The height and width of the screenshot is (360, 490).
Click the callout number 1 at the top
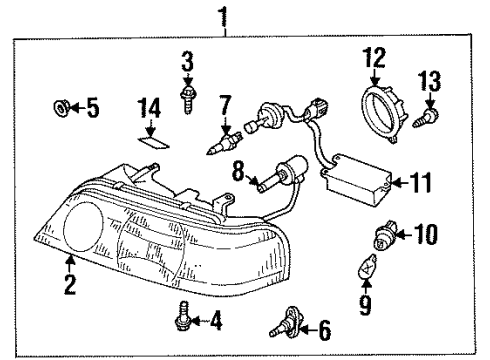(x=223, y=17)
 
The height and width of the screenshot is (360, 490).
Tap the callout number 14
(x=149, y=108)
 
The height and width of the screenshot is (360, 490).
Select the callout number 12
(x=375, y=58)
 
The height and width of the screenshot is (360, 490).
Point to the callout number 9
(x=365, y=305)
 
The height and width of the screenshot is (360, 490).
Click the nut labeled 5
(x=61, y=108)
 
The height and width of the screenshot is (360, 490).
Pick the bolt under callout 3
(x=188, y=99)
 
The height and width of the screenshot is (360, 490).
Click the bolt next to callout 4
(x=182, y=316)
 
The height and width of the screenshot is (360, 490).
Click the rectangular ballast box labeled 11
(x=357, y=178)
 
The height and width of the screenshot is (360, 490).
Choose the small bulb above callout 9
(x=366, y=267)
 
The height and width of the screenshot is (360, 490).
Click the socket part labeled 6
(x=287, y=322)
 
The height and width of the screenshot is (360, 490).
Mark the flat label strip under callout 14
(x=154, y=143)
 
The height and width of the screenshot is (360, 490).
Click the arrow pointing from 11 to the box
(x=401, y=182)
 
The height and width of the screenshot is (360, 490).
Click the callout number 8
(x=239, y=171)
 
